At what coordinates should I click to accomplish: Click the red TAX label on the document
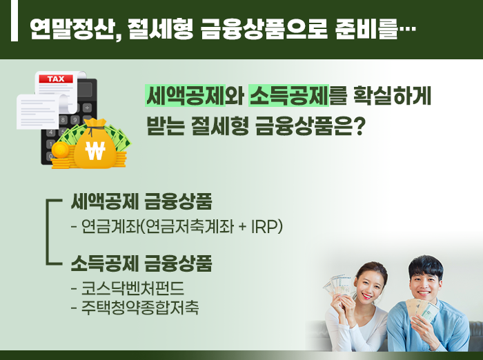click(x=56, y=79)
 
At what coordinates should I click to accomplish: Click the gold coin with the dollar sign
click(x=60, y=150)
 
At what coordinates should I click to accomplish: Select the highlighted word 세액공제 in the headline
click(x=186, y=96)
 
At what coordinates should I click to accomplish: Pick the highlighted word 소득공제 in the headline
click(x=288, y=96)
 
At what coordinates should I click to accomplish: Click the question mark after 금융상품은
click(x=359, y=126)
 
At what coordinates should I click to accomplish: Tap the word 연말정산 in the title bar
click(x=72, y=29)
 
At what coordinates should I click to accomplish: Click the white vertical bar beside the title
click(x=14, y=20)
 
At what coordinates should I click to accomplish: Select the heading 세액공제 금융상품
click(x=141, y=201)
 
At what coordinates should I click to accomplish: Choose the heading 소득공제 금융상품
click(x=141, y=263)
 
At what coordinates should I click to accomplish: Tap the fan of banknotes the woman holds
click(x=337, y=286)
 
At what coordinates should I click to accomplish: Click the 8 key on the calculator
click(x=63, y=120)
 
